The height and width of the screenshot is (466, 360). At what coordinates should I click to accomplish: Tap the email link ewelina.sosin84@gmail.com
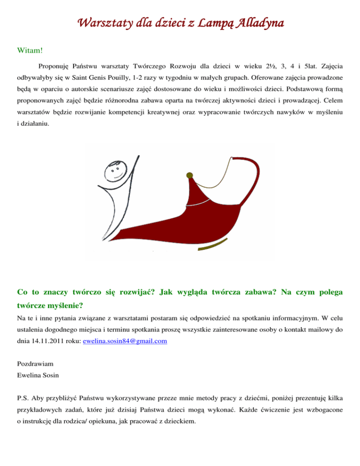tap(124, 342)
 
